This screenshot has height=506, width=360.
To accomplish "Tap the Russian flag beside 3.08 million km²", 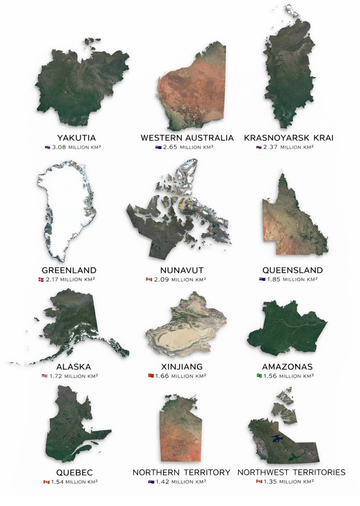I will (48, 147).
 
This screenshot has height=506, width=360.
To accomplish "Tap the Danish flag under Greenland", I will (41, 280).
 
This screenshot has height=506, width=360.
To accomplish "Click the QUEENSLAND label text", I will (292, 270).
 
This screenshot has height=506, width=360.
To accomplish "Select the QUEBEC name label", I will (74, 472).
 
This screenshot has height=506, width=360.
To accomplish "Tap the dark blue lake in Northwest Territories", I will (279, 439).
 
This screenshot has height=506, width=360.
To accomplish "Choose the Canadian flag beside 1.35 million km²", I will (259, 482).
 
